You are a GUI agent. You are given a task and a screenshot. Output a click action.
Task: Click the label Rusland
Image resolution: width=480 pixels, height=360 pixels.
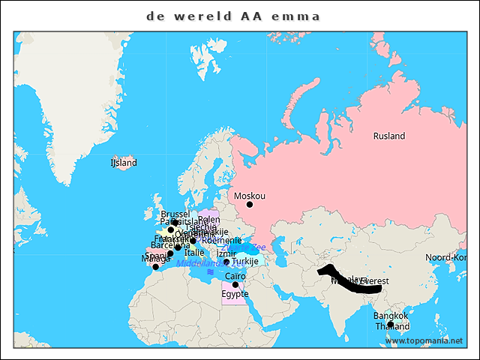pos(389,136)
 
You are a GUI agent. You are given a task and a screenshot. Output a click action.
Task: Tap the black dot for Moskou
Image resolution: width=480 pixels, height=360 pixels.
pos(250,204)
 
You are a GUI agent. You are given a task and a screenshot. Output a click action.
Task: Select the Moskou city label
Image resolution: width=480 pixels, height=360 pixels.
pos(250,196)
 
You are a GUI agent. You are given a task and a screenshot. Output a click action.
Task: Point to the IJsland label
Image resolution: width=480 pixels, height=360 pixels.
pos(124,162)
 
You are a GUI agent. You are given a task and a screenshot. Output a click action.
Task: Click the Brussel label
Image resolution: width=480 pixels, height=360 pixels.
pos(175,214)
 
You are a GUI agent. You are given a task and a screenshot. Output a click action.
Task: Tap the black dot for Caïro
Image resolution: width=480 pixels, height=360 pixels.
pos(235,285)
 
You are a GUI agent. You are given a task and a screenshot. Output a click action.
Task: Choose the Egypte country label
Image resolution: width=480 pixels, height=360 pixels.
pos(235,294)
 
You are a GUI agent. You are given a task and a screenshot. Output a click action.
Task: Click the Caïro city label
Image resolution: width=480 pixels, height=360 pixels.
pos(235,276)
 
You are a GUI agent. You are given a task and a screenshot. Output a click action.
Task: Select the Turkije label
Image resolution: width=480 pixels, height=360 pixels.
pos(245,262)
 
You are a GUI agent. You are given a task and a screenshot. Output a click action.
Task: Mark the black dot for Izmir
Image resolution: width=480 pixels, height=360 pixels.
pos(226,262)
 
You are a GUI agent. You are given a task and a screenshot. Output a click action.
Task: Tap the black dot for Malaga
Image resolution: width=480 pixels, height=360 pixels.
pos(156,267)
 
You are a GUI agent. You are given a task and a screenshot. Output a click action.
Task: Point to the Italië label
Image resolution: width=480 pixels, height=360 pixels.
pos(194,253)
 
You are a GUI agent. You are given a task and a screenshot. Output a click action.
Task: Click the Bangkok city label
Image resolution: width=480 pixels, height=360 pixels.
pos(390,316)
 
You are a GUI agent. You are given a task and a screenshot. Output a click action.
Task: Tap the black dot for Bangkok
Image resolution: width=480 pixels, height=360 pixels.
pos(390,324)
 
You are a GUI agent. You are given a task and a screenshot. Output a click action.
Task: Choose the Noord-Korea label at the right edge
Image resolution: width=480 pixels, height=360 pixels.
pos(446,257)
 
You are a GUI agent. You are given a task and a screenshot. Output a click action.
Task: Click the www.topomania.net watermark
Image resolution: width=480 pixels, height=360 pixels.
pos(424,340)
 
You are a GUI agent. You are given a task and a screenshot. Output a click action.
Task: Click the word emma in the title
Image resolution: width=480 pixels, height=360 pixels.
pos(299,16)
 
